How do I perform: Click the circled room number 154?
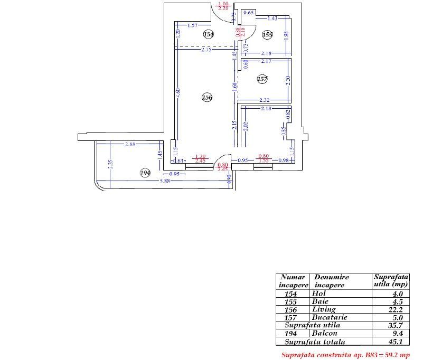tap(209, 34)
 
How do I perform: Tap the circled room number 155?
tap(267, 34)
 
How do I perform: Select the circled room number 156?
tap(207, 97)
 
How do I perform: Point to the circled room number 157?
tap(262, 79)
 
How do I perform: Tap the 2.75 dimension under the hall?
tap(206, 50)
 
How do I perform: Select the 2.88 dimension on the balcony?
tap(130, 144)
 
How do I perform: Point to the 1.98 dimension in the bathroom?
tap(286, 35)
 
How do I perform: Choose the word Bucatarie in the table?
tap(327, 317)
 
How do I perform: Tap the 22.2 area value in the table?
tap(396, 309)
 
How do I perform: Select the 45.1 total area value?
tap(396, 342)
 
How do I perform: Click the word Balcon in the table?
tap(324, 334)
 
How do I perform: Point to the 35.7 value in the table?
tap(396, 326)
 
